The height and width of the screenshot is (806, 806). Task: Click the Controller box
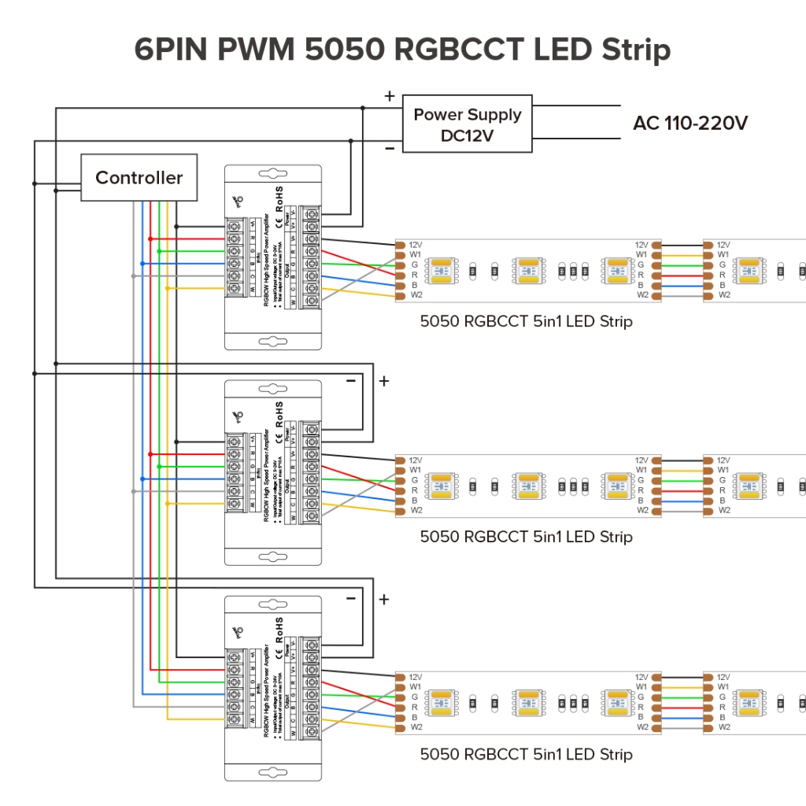coord(139,178)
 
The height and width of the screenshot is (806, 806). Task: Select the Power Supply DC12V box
coord(468,124)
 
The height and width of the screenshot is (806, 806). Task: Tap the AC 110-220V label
coord(690,124)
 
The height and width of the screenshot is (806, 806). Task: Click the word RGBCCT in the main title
coord(458,49)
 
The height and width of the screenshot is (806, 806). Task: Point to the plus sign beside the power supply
coord(389,96)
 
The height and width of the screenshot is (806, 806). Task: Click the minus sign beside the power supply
coord(389,149)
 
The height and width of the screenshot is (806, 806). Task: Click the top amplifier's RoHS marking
coord(279,198)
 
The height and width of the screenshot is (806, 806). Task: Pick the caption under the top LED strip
coord(526,321)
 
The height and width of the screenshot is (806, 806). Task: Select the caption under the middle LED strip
coord(526,537)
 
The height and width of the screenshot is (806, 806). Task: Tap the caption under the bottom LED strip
coord(526,754)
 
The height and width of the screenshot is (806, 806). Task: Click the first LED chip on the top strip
coord(441,270)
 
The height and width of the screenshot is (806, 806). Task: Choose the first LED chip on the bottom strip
coord(441,702)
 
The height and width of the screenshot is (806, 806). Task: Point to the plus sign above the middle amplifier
coord(384,382)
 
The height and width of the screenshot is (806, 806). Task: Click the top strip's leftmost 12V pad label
coord(416,245)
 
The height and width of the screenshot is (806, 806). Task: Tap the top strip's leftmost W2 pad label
coord(416,295)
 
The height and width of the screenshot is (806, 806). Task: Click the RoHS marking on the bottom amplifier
coord(279,629)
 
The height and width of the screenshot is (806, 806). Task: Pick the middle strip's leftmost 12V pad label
coord(416,460)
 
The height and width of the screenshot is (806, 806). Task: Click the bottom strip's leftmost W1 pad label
coord(416,687)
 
